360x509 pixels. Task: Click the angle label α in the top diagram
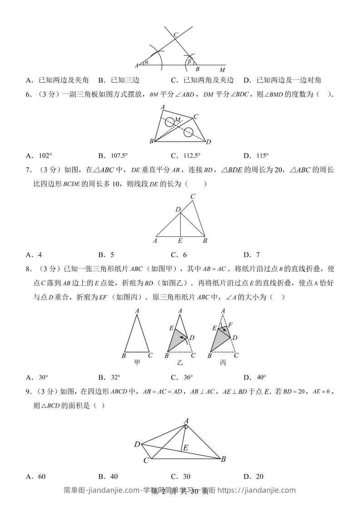[147, 63]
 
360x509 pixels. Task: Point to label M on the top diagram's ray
[222, 70]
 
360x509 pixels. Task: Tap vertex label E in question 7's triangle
[180, 241]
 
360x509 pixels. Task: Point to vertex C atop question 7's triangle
[193, 196]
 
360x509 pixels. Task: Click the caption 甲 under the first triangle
[137, 362]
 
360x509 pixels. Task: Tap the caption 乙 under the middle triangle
[180, 362]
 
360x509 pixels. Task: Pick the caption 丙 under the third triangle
[222, 362]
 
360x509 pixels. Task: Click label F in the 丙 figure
[230, 325]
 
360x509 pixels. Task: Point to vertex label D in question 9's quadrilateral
[137, 444]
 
